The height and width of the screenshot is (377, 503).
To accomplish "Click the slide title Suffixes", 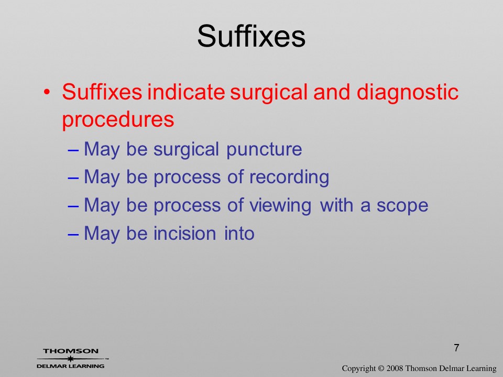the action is click(251, 36).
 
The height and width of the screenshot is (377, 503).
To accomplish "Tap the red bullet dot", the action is click(47, 92).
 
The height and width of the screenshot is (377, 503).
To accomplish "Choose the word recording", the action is click(289, 178).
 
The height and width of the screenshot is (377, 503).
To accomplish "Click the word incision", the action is click(184, 234).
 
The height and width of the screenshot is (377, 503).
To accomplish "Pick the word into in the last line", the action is click(239, 234).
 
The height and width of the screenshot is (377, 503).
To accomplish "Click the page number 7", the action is click(456, 348).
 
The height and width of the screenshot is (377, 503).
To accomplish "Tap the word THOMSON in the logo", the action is click(71, 351).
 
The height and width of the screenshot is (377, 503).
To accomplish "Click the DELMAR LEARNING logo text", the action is click(70, 366).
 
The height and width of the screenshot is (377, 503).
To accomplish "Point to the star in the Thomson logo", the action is click(70, 359).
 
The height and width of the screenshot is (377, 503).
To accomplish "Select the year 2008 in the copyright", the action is click(395, 368).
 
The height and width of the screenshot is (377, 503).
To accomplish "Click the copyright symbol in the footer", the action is click(381, 369).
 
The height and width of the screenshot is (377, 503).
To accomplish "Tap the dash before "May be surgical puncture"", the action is click(73, 150).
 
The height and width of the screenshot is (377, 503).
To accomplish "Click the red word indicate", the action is click(186, 92).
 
